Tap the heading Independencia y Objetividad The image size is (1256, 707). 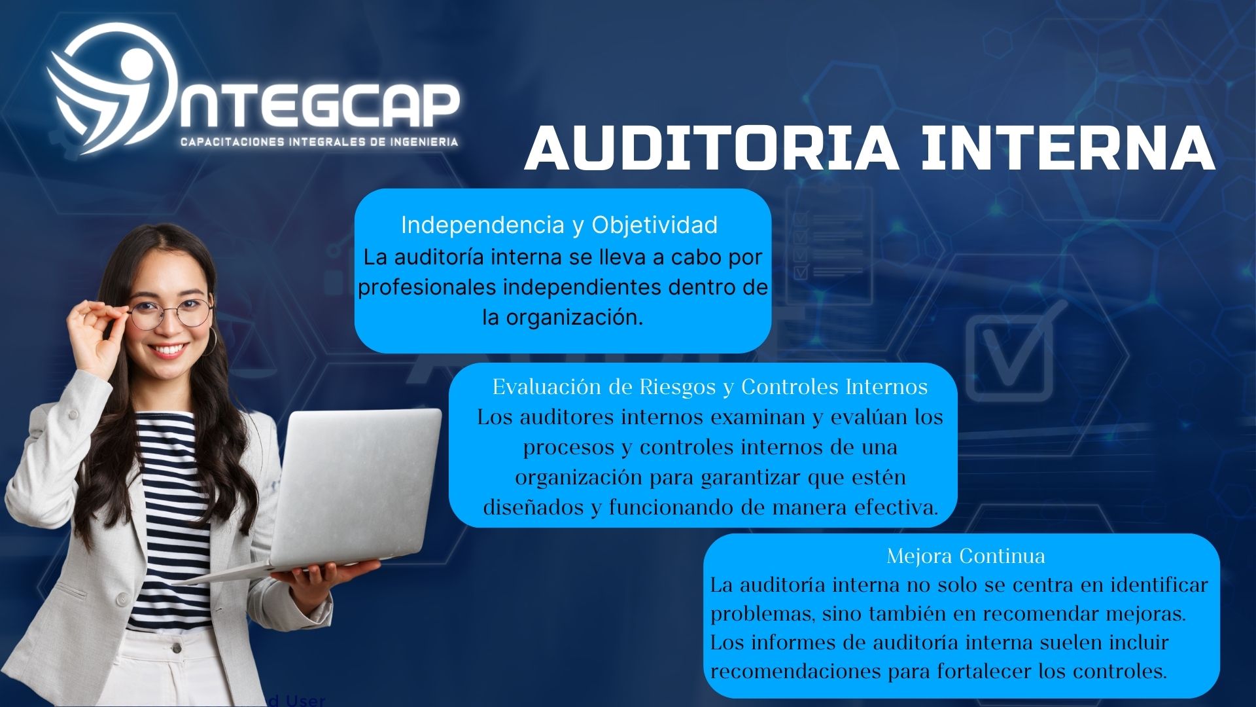tap(559, 225)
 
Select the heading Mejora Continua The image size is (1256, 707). tap(966, 556)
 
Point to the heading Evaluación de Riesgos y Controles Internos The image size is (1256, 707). tap(710, 387)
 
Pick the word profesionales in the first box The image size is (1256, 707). tap(428, 287)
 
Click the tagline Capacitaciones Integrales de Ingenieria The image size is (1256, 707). tap(319, 141)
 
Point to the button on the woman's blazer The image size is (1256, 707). tap(122, 597)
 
